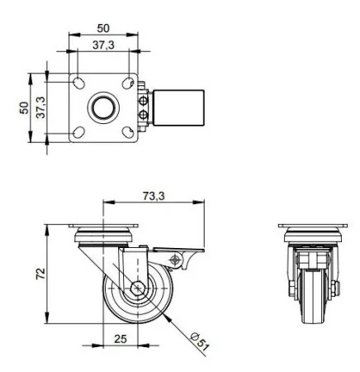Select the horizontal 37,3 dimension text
(x=102, y=45)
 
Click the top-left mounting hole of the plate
(x=79, y=82)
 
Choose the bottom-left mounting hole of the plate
(x=79, y=132)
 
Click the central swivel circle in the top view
(x=104, y=107)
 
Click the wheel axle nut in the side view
(x=136, y=290)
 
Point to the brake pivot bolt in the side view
(x=174, y=261)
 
